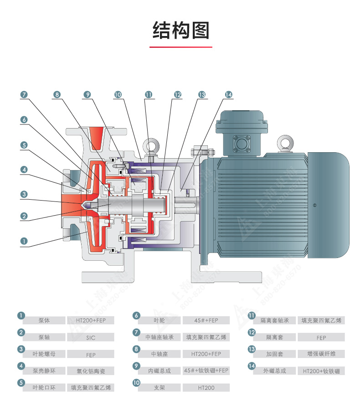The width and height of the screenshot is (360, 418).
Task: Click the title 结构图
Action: [x=180, y=31]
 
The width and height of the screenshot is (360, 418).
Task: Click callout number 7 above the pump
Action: [x=24, y=95]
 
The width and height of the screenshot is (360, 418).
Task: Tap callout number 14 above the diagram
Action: [x=229, y=95]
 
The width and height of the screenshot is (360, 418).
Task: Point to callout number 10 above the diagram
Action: [x=118, y=95]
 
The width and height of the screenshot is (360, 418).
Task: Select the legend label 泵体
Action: [x=44, y=320]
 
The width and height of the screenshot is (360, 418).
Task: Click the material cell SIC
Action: [x=91, y=337]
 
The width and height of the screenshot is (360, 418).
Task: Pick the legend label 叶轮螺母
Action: [x=44, y=354]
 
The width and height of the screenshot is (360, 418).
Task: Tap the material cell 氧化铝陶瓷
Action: [x=91, y=371]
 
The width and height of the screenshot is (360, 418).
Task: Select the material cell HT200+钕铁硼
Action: [x=321, y=371]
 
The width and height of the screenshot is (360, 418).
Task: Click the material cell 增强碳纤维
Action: [x=321, y=354]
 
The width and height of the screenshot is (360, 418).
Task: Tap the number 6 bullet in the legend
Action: [x=136, y=316]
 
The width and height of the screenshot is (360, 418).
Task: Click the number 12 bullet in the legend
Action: [x=251, y=332]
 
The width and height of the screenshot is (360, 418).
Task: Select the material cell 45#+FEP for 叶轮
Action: [x=206, y=320]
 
